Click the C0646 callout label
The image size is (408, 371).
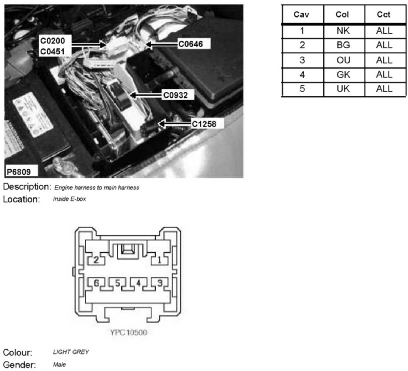[x=191, y=44]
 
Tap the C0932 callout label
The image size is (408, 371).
[x=176, y=95]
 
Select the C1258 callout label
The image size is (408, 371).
[x=204, y=124]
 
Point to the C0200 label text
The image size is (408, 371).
[x=53, y=41]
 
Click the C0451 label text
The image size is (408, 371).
[x=53, y=51]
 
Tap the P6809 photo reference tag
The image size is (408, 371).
[x=19, y=172]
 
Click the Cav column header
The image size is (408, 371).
[x=301, y=15]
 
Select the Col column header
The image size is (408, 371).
[x=342, y=15]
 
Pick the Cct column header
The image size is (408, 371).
[x=383, y=15]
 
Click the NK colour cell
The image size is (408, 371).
[x=343, y=31]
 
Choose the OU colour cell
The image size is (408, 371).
[x=343, y=60]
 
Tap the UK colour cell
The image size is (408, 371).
[x=343, y=89]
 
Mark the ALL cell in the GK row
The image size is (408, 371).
[x=384, y=74]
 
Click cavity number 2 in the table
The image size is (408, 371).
[x=302, y=45]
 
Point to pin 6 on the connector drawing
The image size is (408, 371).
[x=96, y=283]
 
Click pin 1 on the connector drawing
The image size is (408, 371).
[x=159, y=260]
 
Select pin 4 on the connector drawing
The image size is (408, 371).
[x=138, y=283]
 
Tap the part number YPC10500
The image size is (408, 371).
[x=129, y=332]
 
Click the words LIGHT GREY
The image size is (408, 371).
[x=71, y=352]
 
